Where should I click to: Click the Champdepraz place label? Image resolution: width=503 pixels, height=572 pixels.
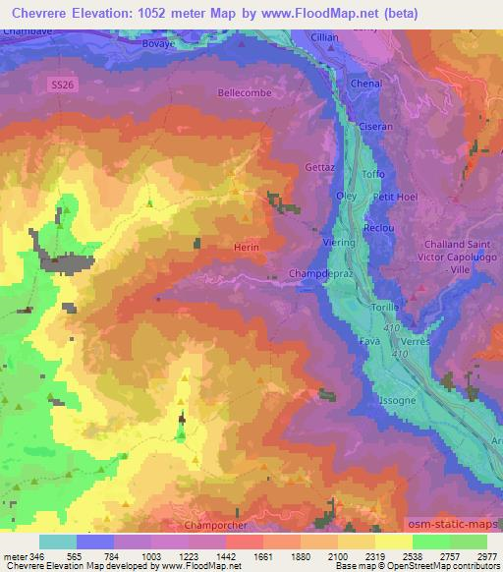[x=317, y=272]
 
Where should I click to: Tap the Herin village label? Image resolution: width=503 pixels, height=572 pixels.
[x=246, y=249]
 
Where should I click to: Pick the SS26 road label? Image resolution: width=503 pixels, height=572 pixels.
[x=62, y=86]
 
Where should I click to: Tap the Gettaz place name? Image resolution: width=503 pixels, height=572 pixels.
[x=321, y=167]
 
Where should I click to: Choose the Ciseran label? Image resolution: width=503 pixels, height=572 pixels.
[x=376, y=127]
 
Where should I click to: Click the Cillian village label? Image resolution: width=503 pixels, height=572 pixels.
[x=323, y=37]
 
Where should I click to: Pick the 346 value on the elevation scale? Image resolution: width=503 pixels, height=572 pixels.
[x=28, y=556]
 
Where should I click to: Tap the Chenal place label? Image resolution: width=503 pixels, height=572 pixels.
[x=365, y=86]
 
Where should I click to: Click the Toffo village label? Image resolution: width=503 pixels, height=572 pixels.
[x=373, y=174]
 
